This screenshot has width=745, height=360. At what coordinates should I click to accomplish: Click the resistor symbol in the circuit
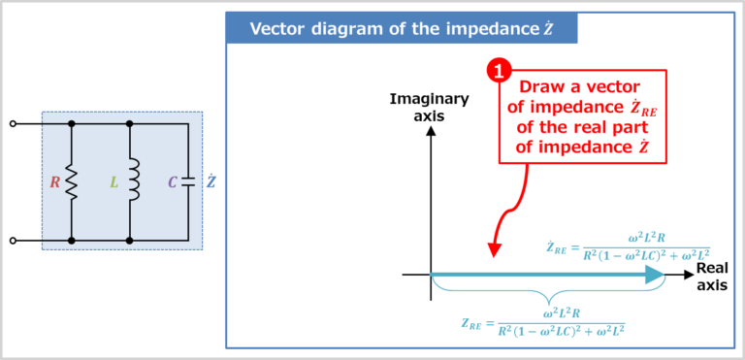72,182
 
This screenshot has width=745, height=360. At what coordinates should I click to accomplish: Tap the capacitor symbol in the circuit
188,181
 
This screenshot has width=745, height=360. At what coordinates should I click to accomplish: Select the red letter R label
55,182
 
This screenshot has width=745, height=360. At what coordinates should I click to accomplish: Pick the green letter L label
114,182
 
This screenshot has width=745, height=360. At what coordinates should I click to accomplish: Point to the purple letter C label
172,182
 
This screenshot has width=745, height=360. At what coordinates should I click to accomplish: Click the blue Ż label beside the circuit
211,182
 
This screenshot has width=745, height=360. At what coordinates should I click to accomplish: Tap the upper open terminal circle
13,124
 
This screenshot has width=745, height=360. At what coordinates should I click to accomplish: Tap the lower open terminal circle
13,240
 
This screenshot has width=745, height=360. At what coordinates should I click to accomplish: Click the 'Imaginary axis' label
429,107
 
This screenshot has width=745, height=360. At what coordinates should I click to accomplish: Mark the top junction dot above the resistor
72,124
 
